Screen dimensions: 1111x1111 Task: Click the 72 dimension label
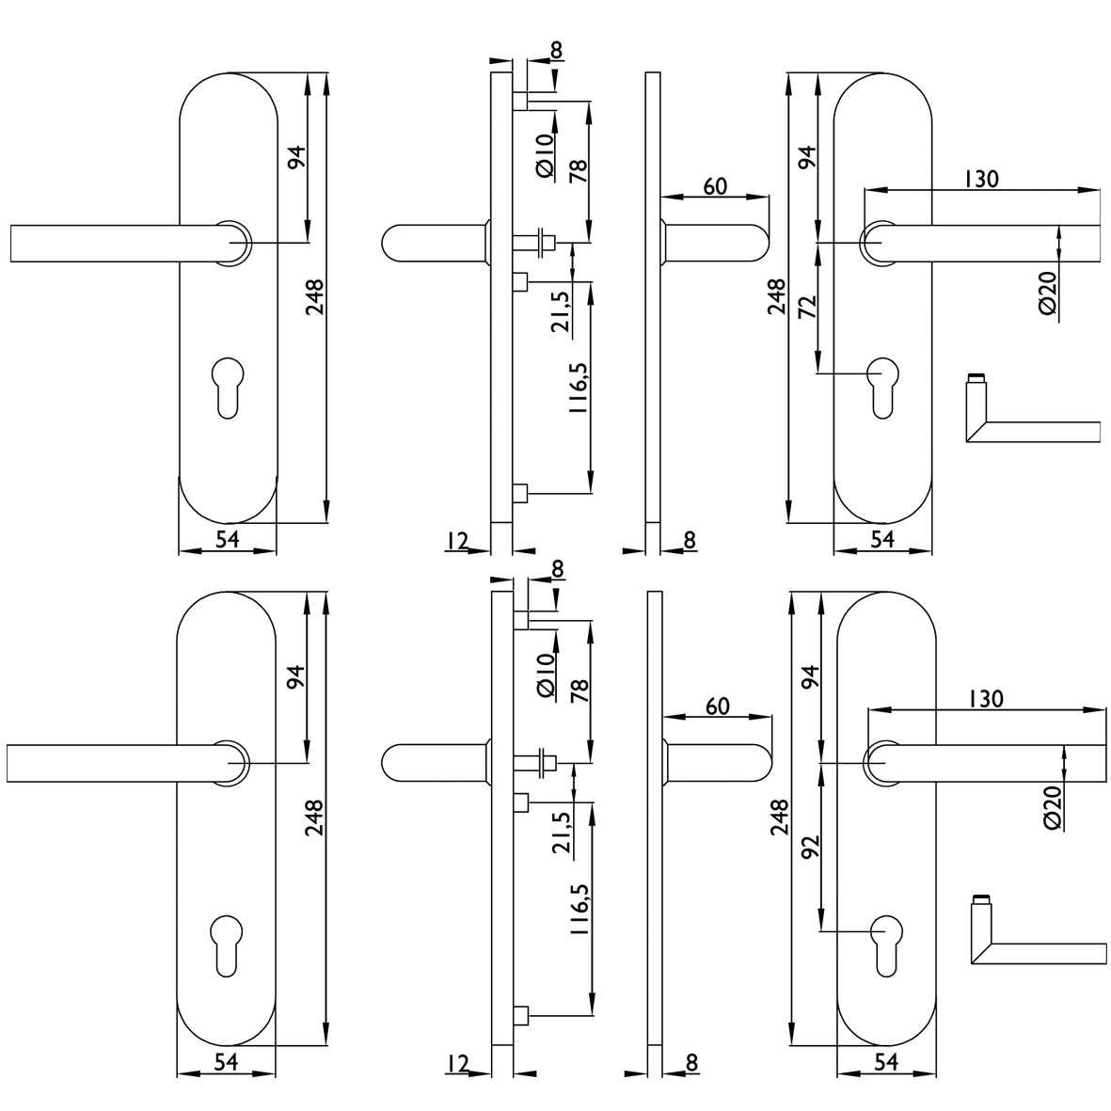click(x=808, y=306)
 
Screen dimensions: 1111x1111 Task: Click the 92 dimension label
click(x=811, y=848)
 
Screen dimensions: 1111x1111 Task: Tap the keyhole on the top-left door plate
click(x=227, y=389)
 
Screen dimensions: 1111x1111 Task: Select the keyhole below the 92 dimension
click(x=885, y=946)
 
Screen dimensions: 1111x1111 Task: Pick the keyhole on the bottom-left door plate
click(x=227, y=946)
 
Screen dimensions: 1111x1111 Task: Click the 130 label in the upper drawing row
click(x=980, y=179)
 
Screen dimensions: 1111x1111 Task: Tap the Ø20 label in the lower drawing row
click(x=1051, y=808)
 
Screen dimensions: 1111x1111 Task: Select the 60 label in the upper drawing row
click(x=715, y=186)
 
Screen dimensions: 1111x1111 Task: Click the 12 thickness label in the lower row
click(x=458, y=1064)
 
